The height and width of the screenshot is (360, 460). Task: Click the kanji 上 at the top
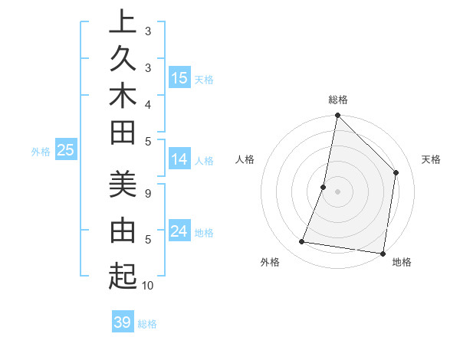[x=123, y=21]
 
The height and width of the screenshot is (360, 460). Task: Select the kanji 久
[x=123, y=59]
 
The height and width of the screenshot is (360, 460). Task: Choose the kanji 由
[x=123, y=229]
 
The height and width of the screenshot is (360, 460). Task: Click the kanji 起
[x=123, y=275]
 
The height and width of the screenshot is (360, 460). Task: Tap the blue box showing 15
[x=179, y=78]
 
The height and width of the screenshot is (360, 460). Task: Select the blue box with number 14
[x=179, y=159]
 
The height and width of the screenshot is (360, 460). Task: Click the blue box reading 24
[x=179, y=231]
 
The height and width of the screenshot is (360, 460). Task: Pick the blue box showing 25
[x=66, y=151]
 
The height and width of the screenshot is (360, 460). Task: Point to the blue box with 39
[x=123, y=322]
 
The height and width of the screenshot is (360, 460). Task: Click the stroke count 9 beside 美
[x=147, y=194]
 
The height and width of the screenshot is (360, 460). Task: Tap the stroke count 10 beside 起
[x=148, y=286]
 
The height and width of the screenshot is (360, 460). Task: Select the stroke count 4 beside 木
[x=147, y=104]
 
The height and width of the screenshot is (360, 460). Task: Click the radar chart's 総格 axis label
[x=338, y=100]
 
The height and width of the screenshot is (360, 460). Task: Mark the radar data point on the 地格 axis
[x=383, y=253]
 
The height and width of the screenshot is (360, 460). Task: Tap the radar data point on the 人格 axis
[x=324, y=187]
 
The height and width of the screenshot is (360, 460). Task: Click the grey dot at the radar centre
[x=337, y=191]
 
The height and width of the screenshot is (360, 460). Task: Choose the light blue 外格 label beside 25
[x=41, y=152]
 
